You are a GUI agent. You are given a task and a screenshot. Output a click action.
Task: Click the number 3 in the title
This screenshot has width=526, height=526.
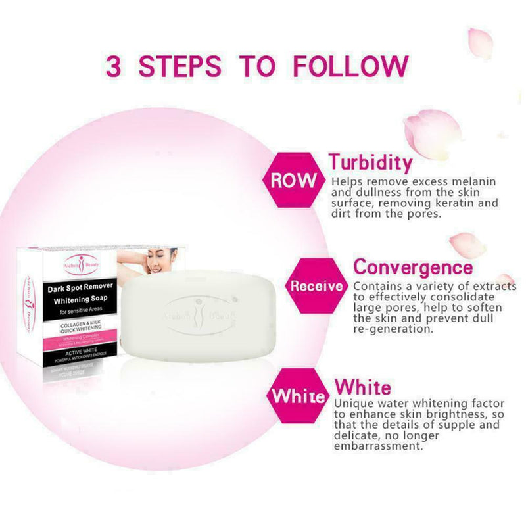point(116,66)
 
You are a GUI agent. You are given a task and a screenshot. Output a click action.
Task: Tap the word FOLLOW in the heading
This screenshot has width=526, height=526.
point(350,66)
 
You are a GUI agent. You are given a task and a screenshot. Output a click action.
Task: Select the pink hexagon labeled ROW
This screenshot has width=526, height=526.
point(293,181)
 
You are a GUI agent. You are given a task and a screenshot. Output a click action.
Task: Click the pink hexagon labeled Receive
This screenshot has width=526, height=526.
point(316,286)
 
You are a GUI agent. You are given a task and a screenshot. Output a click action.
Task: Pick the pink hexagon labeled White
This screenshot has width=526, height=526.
point(298,396)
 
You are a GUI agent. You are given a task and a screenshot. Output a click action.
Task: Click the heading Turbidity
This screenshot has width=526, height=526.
point(371,162)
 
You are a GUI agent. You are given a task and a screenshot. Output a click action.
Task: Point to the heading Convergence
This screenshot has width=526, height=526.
point(413,268)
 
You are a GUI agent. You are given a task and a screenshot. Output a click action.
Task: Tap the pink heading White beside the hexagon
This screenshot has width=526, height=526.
point(362,387)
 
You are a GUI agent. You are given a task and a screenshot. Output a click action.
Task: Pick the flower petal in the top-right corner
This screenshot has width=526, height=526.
point(480,41)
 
